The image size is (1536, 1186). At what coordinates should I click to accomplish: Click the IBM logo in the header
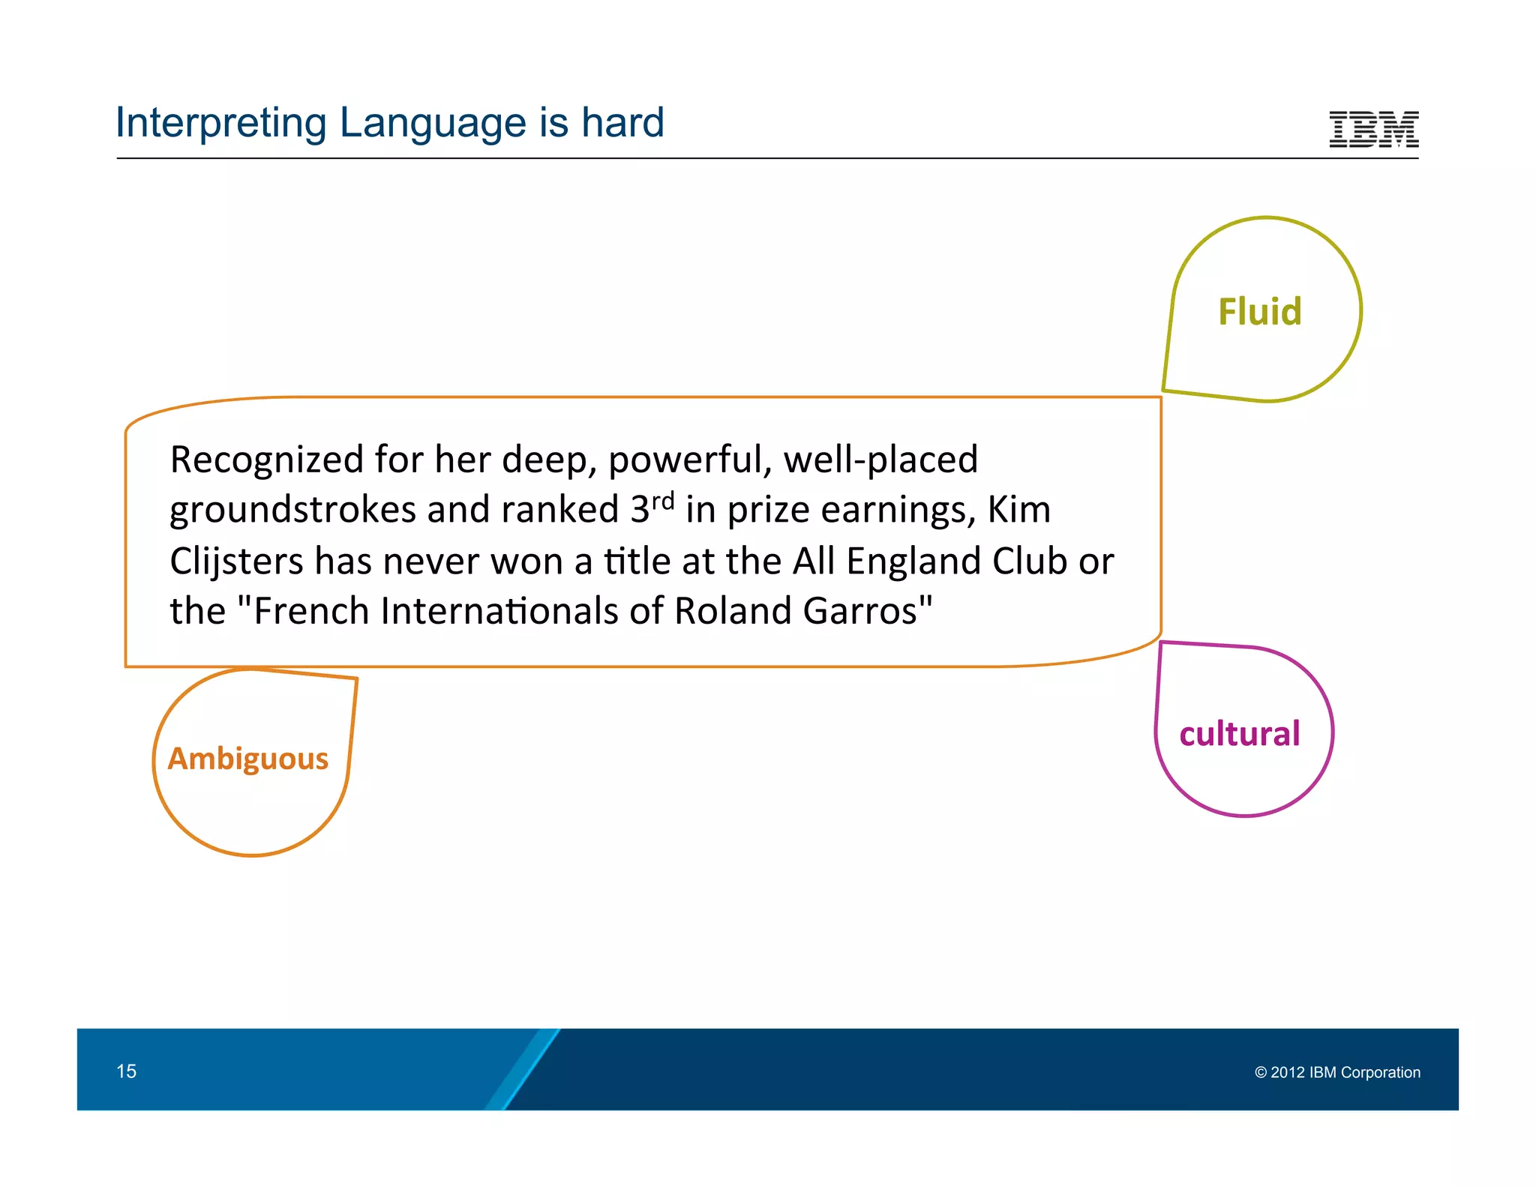(1373, 129)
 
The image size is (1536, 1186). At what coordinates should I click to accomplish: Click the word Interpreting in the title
(220, 124)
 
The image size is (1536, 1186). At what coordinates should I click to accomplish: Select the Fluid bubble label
(1259, 311)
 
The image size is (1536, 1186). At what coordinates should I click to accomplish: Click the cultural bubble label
(1239, 733)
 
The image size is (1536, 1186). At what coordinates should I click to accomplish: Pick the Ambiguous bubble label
(247, 759)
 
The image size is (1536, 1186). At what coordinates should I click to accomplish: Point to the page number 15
(126, 1071)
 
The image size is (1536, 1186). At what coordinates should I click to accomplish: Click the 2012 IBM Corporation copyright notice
(1337, 1072)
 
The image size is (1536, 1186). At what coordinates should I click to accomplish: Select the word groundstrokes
(292, 511)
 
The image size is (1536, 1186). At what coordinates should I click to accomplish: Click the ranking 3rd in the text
(651, 508)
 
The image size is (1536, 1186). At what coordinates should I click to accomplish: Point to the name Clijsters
(235, 562)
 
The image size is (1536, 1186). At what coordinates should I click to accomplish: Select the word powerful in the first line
(689, 460)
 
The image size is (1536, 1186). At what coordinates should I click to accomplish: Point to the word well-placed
(880, 460)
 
